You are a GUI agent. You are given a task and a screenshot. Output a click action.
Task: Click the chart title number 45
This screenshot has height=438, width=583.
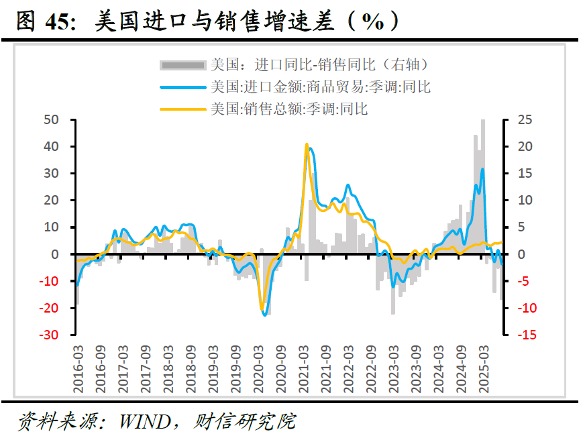(57, 21)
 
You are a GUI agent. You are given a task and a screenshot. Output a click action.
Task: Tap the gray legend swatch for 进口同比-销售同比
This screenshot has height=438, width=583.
(182, 66)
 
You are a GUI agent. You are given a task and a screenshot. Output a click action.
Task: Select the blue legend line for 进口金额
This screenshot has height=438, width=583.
(182, 87)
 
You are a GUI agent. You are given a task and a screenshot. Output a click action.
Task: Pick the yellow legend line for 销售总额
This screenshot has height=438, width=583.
(182, 109)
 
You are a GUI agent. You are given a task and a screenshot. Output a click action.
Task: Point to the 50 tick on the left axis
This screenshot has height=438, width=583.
(51, 119)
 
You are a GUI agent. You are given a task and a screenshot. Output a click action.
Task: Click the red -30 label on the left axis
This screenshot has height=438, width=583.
(49, 335)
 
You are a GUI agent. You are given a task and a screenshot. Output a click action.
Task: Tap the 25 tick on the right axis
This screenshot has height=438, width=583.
(525, 119)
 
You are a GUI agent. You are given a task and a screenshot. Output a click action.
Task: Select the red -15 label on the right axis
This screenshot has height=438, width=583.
(527, 335)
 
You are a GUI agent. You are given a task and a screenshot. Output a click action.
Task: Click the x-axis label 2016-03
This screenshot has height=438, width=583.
(78, 369)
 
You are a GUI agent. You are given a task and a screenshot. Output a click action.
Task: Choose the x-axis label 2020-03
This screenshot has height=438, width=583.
(258, 369)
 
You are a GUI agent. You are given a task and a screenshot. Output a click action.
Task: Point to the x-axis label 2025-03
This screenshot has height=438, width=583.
(484, 369)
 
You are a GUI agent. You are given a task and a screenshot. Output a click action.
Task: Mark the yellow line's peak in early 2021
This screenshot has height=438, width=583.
(307, 144)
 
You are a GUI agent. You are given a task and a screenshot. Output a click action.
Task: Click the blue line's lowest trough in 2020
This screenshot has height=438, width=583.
(265, 315)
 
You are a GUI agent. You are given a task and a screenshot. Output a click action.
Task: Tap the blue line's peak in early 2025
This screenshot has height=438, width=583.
(482, 169)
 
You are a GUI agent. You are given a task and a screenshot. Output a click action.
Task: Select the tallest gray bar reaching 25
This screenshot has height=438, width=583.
(483, 186)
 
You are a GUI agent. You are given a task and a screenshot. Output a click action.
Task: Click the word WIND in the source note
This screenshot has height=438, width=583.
(145, 422)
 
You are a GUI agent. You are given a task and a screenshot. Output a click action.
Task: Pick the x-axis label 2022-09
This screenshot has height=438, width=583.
(371, 369)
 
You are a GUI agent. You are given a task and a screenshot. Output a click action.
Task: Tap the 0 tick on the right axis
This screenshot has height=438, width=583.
(521, 254)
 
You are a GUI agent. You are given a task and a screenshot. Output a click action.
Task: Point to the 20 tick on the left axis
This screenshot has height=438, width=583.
(51, 201)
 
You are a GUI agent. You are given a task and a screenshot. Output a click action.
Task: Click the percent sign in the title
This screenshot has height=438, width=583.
(372, 21)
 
